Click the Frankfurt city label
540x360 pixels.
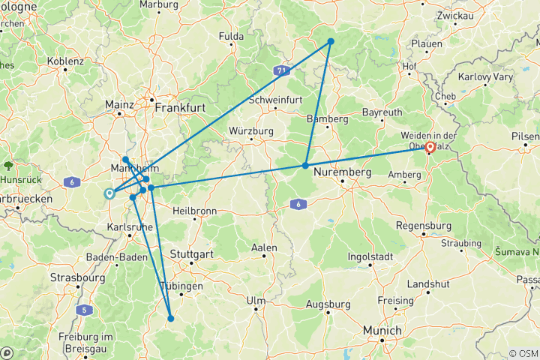pyautogui.click(x=180, y=108)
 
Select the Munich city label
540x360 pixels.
pyautogui.click(x=382, y=329)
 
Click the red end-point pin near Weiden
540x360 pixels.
pyautogui.click(x=430, y=147)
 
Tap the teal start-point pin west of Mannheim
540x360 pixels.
pyautogui.click(x=110, y=193)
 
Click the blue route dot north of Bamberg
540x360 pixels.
pyautogui.click(x=330, y=41)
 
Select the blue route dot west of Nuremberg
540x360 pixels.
pyautogui.click(x=305, y=165)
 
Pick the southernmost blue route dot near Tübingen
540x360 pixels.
pyautogui.click(x=171, y=318)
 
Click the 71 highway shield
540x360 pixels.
pyautogui.click(x=281, y=70)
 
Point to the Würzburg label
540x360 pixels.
pyautogui.click(x=248, y=131)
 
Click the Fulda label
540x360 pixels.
pyautogui.click(x=231, y=36)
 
